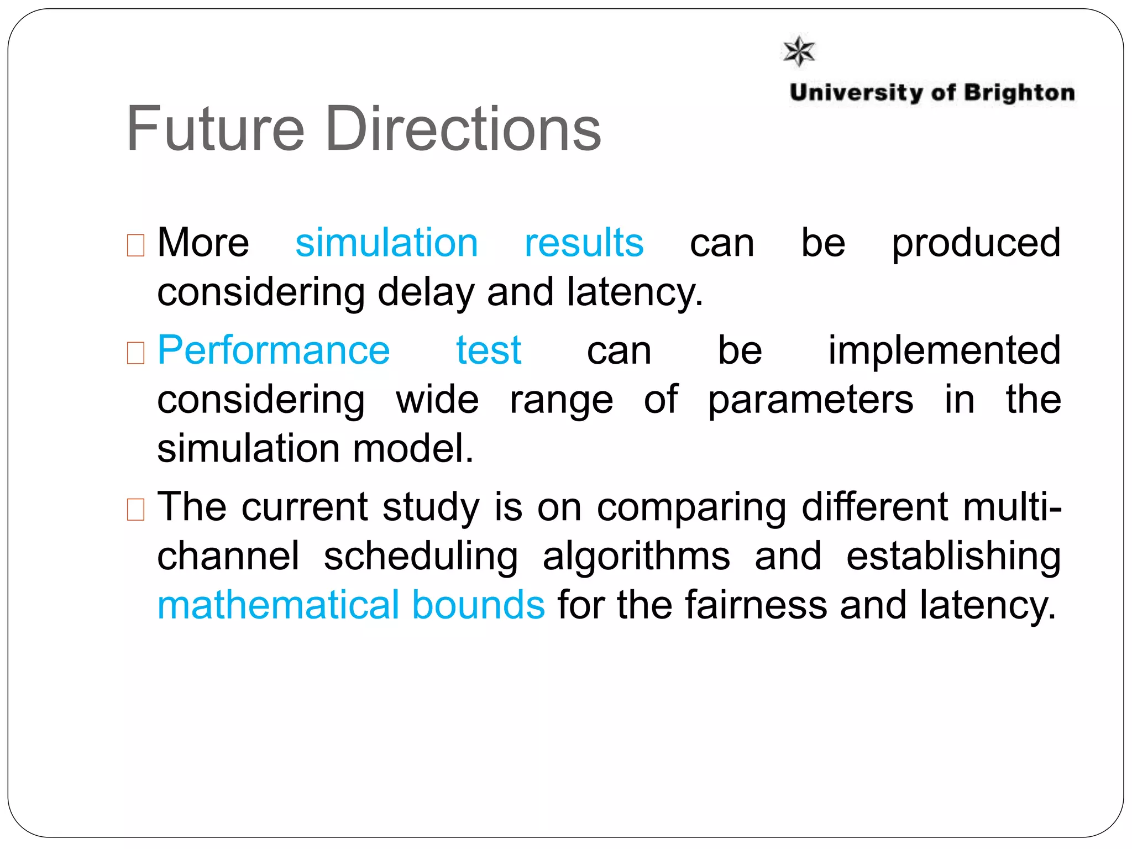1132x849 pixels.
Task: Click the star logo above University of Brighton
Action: [799, 51]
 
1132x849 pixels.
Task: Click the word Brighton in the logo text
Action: [1019, 93]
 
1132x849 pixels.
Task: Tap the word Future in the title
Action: [216, 129]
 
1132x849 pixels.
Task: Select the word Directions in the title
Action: [463, 129]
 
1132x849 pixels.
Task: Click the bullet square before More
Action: [135, 245]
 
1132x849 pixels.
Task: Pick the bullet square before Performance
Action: [135, 353]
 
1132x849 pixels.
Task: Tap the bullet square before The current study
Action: [135, 509]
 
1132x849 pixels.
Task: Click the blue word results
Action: [584, 243]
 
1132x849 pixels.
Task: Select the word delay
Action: [426, 292]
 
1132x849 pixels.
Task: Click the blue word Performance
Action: [274, 350]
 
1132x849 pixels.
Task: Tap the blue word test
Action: [489, 350]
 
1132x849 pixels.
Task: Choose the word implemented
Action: [944, 350]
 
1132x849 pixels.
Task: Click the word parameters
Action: [811, 400]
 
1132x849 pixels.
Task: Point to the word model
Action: [413, 448]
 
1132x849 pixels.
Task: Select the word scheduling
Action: [421, 557]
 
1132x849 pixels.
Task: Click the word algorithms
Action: [636, 557]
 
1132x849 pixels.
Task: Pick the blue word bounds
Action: [479, 605]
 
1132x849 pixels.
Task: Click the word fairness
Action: [756, 605]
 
